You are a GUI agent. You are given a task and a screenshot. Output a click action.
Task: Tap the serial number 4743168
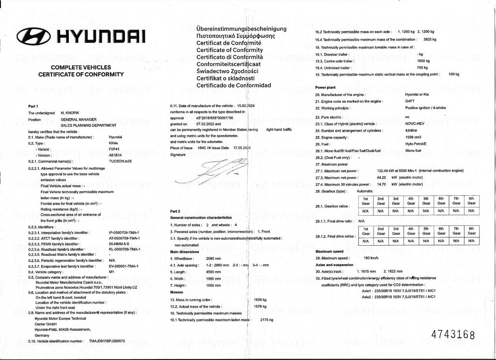coord(453,335)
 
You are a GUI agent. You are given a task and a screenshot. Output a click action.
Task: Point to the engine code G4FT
coord(410,101)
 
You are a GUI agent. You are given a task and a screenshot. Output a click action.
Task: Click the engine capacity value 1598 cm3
coord(413,138)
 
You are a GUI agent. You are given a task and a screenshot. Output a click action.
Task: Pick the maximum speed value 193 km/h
coord(371,258)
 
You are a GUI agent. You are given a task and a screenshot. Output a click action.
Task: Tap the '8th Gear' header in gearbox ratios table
coord(471,201)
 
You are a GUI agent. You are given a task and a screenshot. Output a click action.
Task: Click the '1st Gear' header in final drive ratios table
coord(366,231)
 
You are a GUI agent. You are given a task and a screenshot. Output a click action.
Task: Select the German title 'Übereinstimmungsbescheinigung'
coord(241,29)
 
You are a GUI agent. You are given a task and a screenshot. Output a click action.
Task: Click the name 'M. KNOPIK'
coord(70,112)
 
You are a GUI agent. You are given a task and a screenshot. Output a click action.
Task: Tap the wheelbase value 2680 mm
coord(214,259)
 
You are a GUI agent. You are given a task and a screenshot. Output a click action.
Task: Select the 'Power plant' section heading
coord(326,88)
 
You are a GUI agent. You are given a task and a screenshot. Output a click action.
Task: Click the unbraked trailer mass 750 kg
coord(422,68)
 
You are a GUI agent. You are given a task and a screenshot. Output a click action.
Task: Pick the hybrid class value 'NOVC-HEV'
coord(415,124)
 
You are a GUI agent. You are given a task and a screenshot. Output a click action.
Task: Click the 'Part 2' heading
coord(175,211)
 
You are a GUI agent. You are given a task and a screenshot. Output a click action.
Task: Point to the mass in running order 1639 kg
coord(261,300)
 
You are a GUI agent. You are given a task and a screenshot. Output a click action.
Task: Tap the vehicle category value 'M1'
coord(111,272)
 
